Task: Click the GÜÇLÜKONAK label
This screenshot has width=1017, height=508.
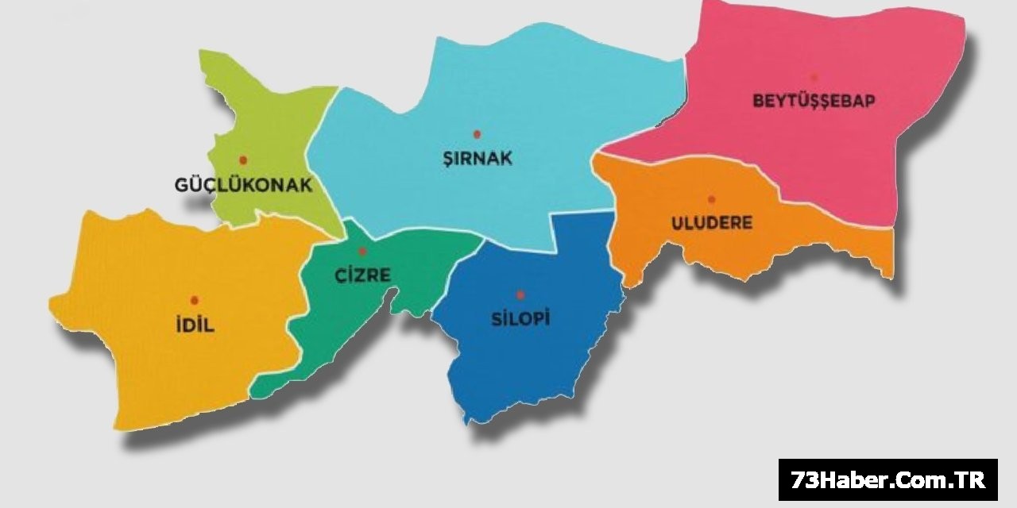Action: pyautogui.click(x=243, y=186)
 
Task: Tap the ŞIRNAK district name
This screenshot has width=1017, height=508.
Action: pyautogui.click(x=478, y=158)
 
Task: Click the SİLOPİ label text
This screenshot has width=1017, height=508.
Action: pyautogui.click(x=520, y=320)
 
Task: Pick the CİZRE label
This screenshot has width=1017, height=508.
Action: pyautogui.click(x=362, y=275)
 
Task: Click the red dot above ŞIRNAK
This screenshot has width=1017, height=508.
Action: pyautogui.click(x=477, y=134)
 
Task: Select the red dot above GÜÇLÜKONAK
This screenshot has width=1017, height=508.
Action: pyautogui.click(x=243, y=160)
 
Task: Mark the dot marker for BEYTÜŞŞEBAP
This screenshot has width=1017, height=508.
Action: pyautogui.click(x=814, y=77)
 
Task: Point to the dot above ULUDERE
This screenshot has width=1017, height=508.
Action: pyautogui.click(x=711, y=199)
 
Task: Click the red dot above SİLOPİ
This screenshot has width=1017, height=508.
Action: pyautogui.click(x=520, y=294)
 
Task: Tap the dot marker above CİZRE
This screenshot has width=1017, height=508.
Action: pyautogui.click(x=362, y=252)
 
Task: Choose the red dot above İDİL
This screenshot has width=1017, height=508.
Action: pyautogui.click(x=195, y=300)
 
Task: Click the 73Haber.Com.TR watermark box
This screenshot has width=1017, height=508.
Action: pyautogui.click(x=887, y=479)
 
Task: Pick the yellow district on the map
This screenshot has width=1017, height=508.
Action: pyautogui.click(x=159, y=357)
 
